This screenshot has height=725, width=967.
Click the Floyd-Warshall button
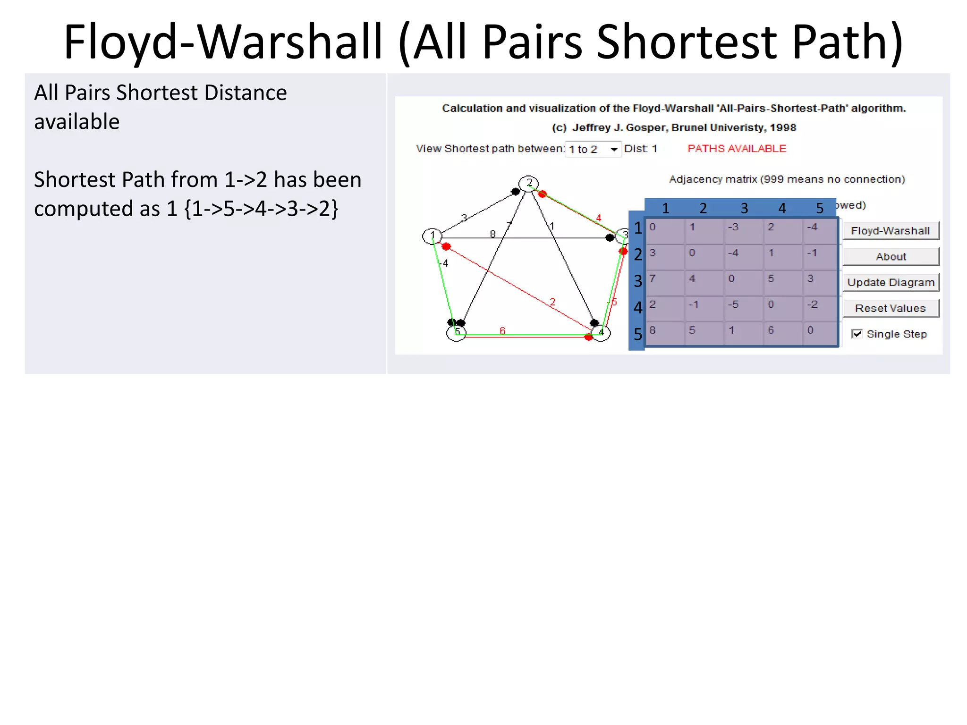coord(891,231)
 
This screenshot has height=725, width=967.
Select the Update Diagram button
coord(891,282)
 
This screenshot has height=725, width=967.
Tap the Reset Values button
coord(891,308)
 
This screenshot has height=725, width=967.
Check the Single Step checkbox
coord(857,334)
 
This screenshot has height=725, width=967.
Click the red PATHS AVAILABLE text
coord(737,149)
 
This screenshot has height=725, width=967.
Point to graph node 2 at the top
coord(529,183)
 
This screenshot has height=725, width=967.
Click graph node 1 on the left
coord(432,236)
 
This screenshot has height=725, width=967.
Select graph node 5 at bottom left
coord(456,332)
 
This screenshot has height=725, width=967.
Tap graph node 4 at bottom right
coord(601,332)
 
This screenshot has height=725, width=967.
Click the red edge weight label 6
coord(502,330)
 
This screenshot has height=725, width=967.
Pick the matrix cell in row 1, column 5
coord(820,231)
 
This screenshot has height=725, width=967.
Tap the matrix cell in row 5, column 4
coord(781,334)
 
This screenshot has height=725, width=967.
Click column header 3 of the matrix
coord(744,208)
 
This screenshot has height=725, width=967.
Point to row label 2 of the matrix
coord(638,254)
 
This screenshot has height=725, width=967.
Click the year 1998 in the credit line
coord(783,127)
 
